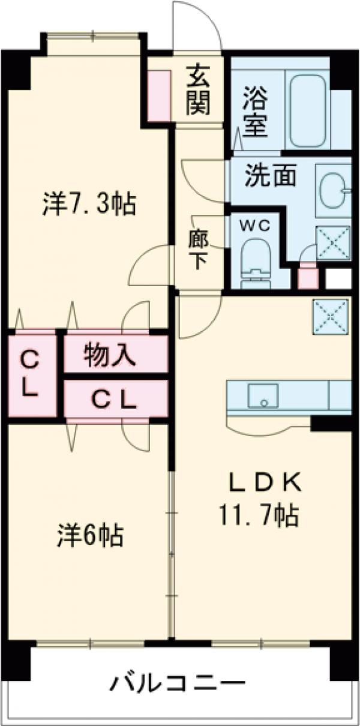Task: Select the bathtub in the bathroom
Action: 308,103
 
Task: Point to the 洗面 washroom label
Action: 270,175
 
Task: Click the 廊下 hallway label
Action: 197,250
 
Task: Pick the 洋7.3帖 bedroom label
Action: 89,205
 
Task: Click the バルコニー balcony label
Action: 178,683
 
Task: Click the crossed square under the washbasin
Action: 332,241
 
